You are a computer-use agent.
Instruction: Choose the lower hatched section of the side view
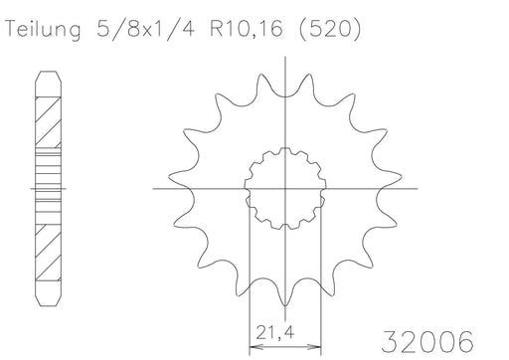[49, 244]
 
